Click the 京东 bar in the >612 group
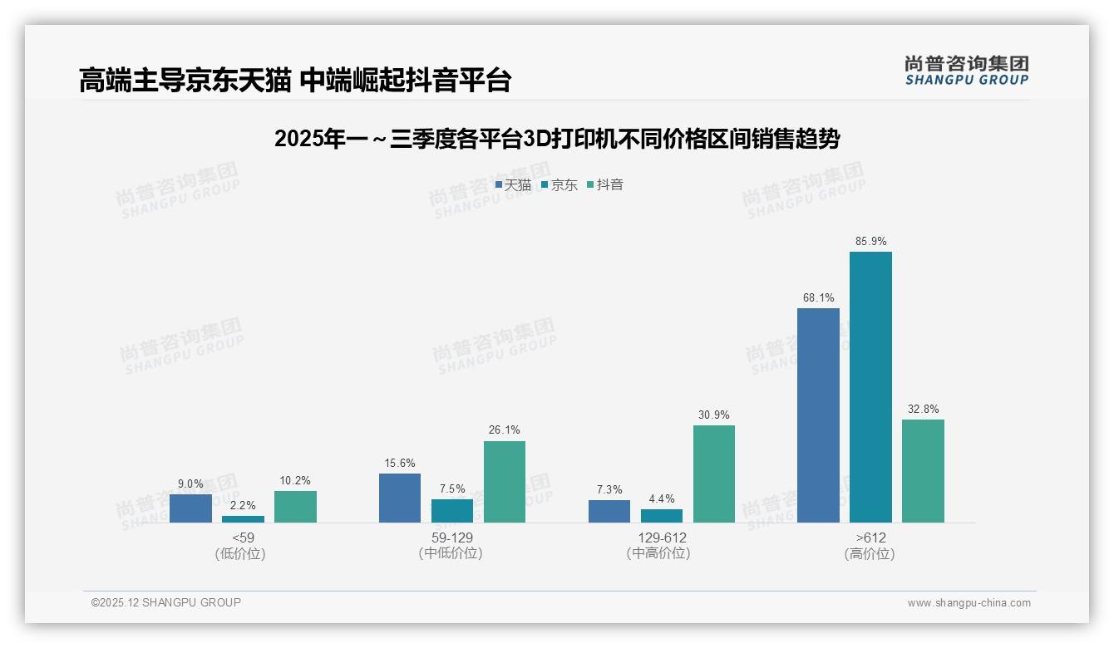click(870, 387)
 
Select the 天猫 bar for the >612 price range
click(818, 415)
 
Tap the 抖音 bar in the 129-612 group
click(714, 474)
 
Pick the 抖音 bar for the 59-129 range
click(505, 482)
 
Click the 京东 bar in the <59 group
click(243, 519)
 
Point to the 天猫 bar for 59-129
click(400, 498)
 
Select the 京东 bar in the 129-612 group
click(662, 516)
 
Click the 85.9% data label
click(870, 242)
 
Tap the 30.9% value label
click(714, 415)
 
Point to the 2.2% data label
click(243, 505)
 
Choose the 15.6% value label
click(400, 464)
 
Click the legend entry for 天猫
click(513, 185)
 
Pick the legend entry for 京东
click(559, 185)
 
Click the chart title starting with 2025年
click(556, 139)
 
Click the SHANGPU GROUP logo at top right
click(966, 70)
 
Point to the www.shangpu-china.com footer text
click(969, 603)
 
